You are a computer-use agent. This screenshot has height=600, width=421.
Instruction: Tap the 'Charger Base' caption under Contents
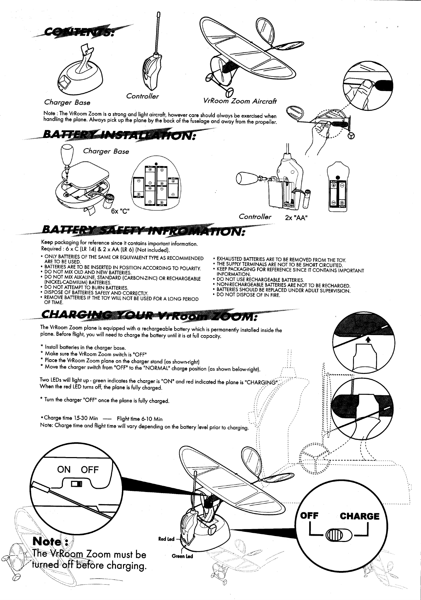67,102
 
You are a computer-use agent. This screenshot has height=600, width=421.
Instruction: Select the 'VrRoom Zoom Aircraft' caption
240,101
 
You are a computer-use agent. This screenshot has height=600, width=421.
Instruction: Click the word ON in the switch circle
64,469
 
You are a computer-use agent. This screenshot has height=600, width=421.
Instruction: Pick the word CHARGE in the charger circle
359,516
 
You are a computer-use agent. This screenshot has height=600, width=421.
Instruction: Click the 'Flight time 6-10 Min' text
139,419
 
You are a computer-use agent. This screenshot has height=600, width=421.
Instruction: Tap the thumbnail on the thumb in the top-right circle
366,84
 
